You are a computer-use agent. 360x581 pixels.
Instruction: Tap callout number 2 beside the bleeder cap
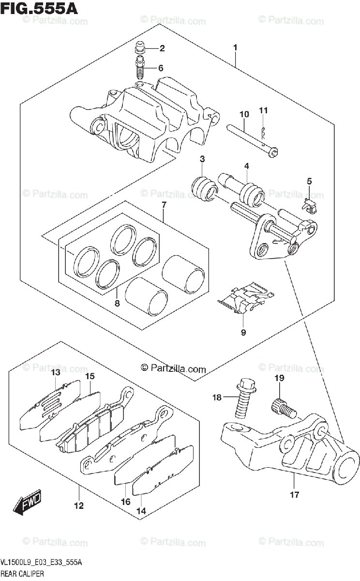click(x=162, y=48)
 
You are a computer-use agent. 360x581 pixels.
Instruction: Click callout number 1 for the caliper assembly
click(x=235, y=47)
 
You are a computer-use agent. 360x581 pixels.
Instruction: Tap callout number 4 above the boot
click(x=246, y=166)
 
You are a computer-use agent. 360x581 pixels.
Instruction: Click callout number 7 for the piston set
click(x=164, y=205)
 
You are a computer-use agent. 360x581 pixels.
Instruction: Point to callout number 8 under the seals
click(x=117, y=304)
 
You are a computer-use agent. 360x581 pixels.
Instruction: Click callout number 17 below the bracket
click(x=295, y=494)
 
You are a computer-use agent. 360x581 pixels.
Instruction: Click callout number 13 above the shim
click(x=56, y=372)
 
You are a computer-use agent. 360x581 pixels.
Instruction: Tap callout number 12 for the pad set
click(x=79, y=506)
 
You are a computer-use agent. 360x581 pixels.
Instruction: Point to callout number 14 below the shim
click(x=141, y=510)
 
